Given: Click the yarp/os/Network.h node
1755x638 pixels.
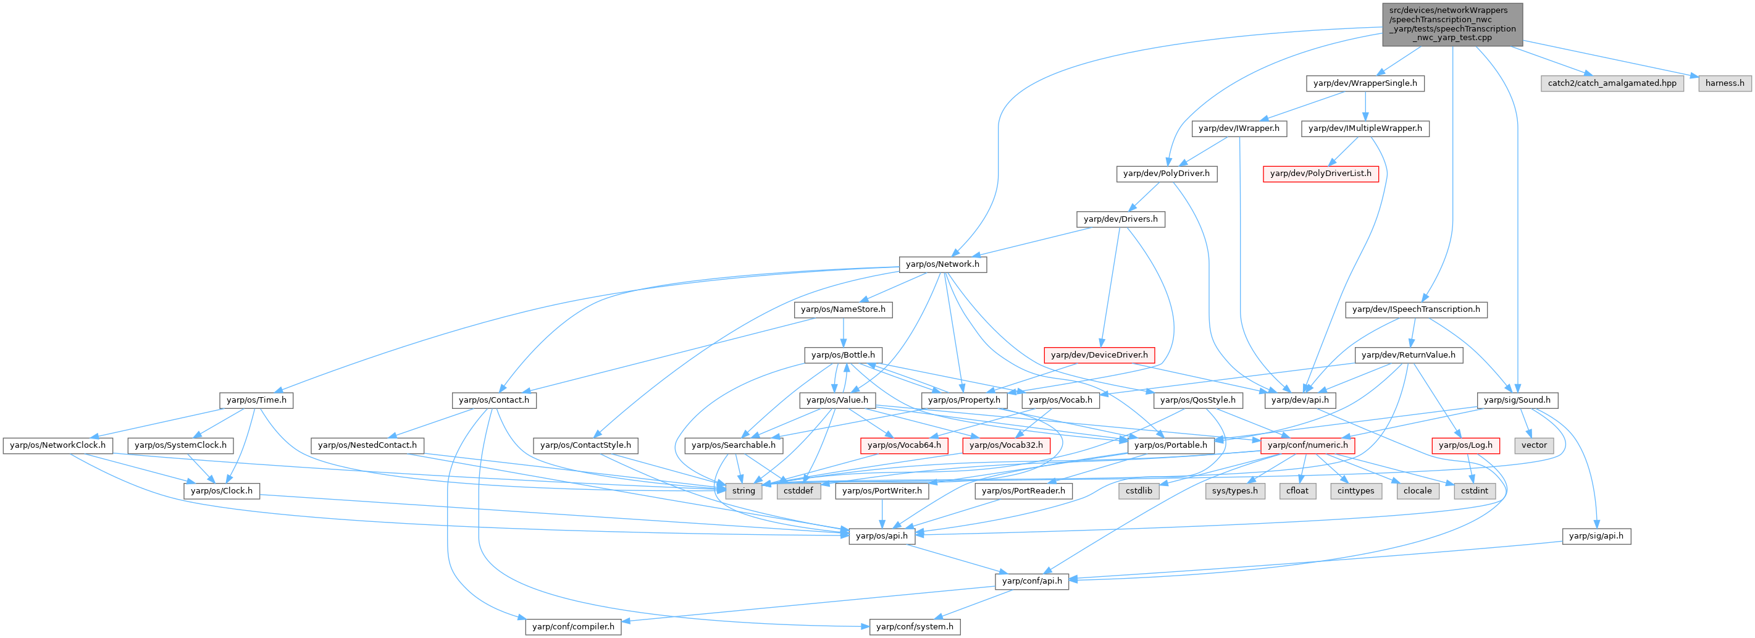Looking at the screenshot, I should (942, 264).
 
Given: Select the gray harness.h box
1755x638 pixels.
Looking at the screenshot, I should (1724, 83).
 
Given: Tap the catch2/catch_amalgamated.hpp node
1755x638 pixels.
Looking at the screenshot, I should (1612, 83).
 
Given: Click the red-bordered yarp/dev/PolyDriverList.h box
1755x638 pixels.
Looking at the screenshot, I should (1320, 174).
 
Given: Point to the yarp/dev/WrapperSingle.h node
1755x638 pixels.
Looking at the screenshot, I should (1365, 83).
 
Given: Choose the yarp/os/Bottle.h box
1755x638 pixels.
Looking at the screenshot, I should (843, 355).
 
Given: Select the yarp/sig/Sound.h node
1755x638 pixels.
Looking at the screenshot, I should (1517, 400).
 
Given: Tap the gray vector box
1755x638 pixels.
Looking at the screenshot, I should (1535, 445).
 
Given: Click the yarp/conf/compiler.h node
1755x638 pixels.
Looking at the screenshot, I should (573, 626).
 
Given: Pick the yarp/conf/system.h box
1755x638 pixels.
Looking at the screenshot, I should (915, 626).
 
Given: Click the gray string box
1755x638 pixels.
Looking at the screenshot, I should (743, 491).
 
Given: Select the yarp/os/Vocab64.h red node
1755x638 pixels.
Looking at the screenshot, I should (904, 445).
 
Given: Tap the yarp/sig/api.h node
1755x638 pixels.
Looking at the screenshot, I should (1596, 535).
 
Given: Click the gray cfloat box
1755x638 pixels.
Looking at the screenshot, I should (1297, 491).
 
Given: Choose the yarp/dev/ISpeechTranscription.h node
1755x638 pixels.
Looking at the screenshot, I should (1416, 309).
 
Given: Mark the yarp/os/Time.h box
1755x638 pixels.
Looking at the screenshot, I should (256, 400).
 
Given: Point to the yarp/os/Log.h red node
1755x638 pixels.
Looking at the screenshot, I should (1465, 445).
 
